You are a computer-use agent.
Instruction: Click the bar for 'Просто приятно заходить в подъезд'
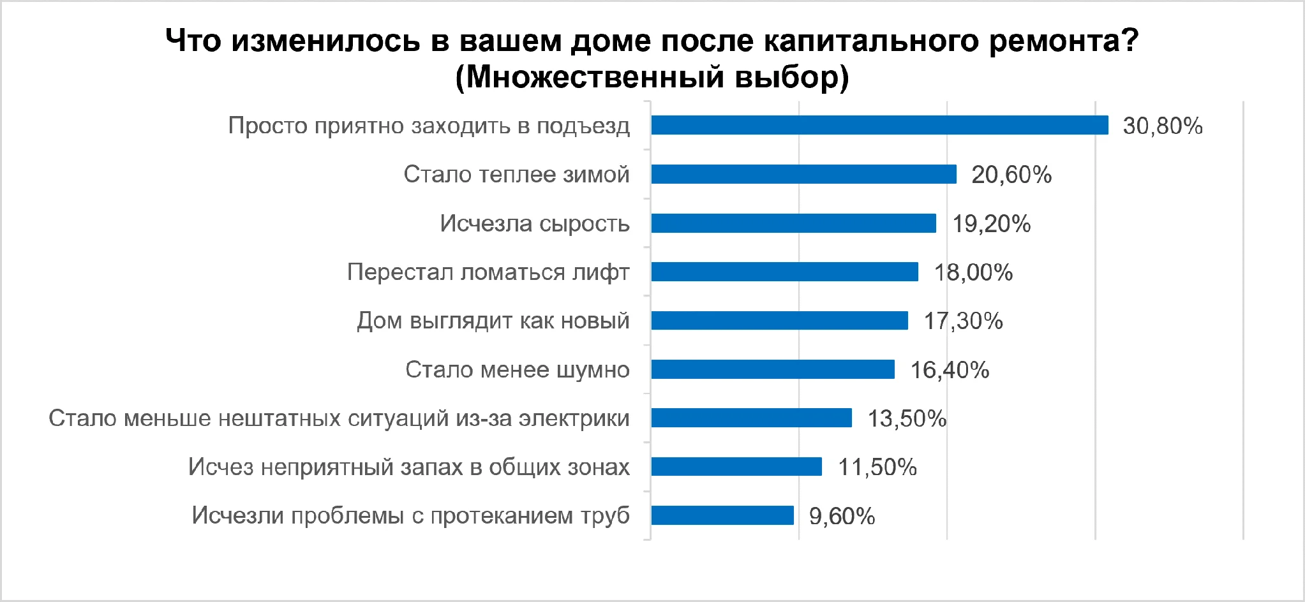(x=879, y=125)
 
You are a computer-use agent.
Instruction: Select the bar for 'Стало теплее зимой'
(x=803, y=174)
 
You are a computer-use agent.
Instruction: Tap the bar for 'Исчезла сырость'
(x=793, y=223)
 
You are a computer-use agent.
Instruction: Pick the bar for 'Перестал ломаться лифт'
(x=784, y=272)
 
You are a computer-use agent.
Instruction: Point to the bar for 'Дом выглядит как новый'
(x=779, y=320)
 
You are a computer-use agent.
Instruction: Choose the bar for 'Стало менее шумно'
(x=773, y=369)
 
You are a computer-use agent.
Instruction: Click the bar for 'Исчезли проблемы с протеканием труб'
(x=722, y=515)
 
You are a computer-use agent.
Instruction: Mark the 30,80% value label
(x=1163, y=126)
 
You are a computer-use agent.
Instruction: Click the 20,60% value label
(x=1011, y=175)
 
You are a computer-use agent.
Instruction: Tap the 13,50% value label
(x=907, y=418)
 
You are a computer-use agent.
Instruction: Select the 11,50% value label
(x=877, y=467)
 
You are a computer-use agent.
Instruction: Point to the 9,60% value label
(x=842, y=516)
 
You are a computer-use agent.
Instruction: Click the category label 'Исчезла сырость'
(x=535, y=223)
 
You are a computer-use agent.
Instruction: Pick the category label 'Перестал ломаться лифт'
(x=488, y=272)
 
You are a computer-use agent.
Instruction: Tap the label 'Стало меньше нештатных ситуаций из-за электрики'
(x=339, y=418)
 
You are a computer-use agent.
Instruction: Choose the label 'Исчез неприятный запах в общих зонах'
(x=408, y=467)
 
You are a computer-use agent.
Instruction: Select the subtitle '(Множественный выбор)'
(x=652, y=77)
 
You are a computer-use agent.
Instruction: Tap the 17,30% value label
(x=963, y=321)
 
